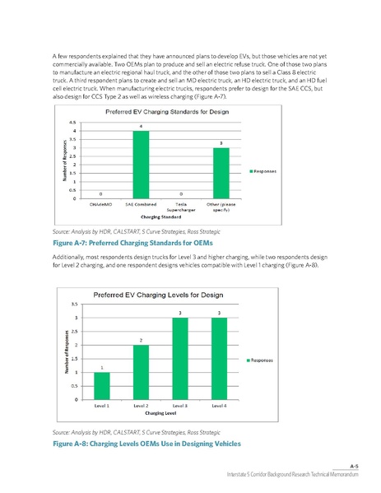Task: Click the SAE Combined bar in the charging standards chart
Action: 141,165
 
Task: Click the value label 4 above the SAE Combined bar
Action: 141,126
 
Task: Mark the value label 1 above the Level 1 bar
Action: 101,367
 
